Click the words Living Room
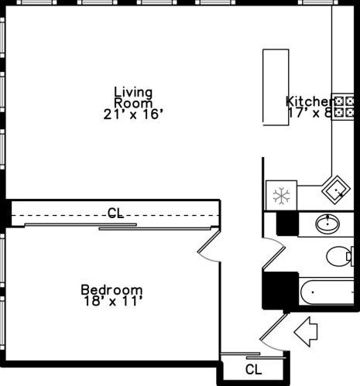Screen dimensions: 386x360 click(x=133, y=97)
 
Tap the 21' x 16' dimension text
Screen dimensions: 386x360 click(x=133, y=114)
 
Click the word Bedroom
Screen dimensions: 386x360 click(x=112, y=290)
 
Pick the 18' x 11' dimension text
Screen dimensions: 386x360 click(x=112, y=302)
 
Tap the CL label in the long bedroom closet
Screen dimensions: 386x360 click(x=115, y=213)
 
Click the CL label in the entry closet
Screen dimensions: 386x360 click(x=253, y=368)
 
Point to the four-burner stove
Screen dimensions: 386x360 click(x=343, y=108)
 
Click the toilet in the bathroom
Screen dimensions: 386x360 click(x=340, y=255)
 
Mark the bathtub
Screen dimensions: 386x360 click(x=330, y=294)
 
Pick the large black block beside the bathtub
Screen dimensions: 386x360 click(x=279, y=292)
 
